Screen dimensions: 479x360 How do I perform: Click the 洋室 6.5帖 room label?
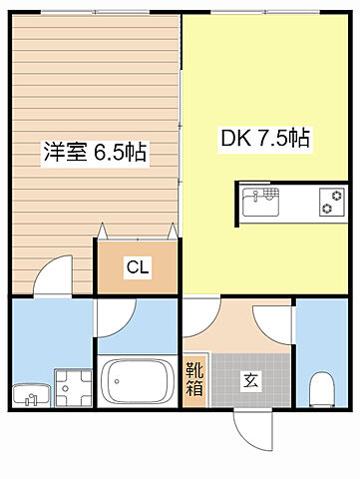tap(94, 153)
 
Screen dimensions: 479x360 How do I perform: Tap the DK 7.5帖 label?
tap(265, 139)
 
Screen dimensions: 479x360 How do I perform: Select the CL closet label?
tap(138, 266)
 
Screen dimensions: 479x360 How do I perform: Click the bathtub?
tap(139, 382)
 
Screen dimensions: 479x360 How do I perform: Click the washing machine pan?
tap(71, 384)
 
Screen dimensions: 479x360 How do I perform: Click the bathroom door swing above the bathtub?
tap(120, 320)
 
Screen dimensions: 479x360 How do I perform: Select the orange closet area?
tap(138, 267)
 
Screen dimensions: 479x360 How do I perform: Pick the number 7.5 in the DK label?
tap(275, 139)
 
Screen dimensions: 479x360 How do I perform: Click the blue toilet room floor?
tap(321, 339)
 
